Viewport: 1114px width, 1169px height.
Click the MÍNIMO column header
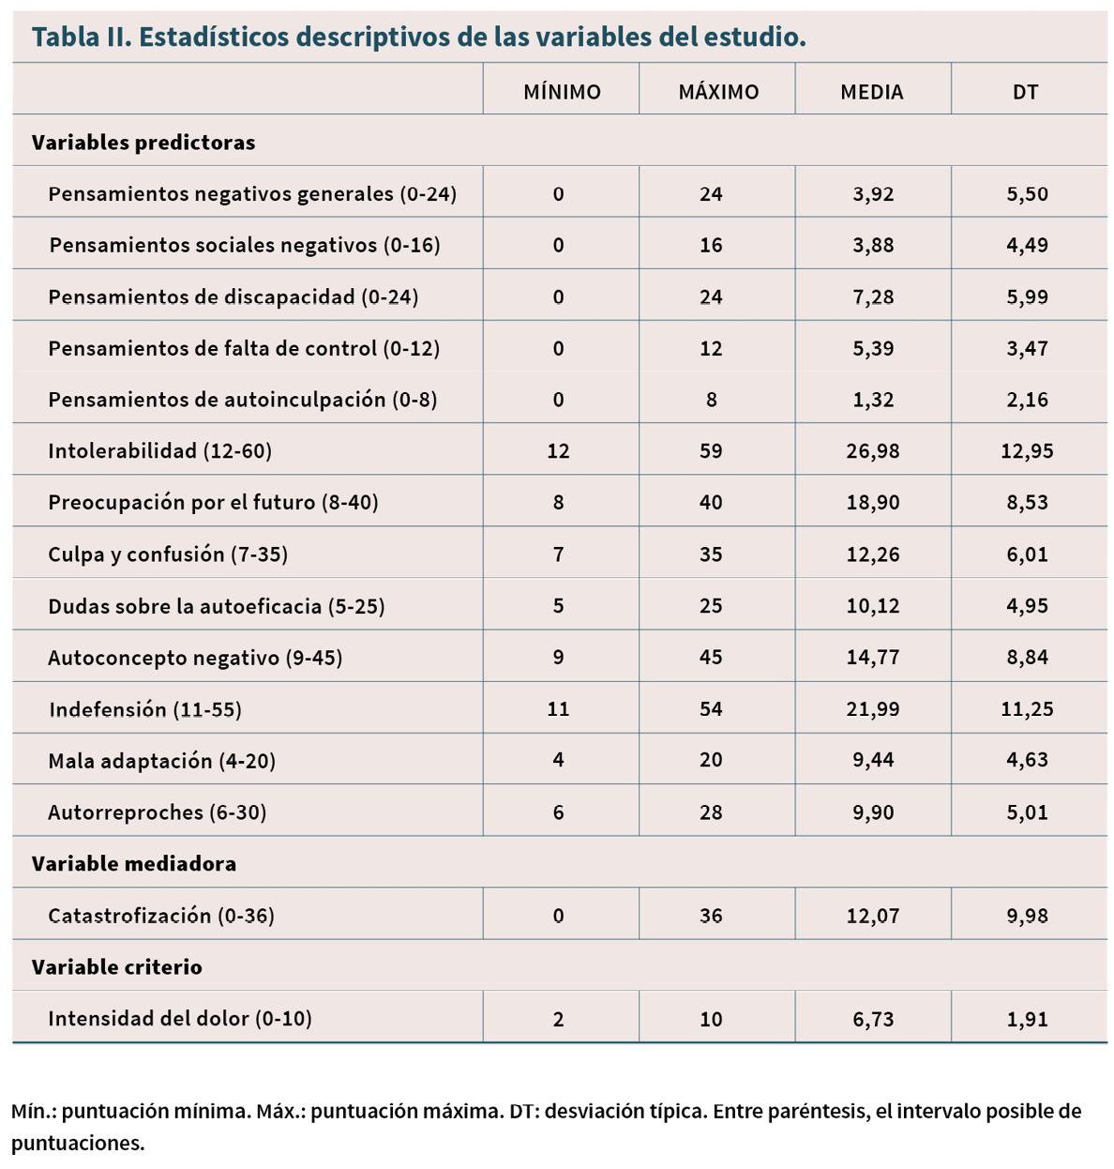[x=562, y=92]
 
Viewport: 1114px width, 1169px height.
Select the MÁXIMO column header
[x=718, y=92]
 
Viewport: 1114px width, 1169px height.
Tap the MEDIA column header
[x=871, y=92]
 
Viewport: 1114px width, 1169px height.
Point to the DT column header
[x=1026, y=92]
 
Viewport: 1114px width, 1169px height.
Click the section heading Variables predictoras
[x=143, y=143]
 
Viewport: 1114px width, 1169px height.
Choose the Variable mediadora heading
[x=134, y=863]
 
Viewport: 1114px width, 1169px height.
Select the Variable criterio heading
[x=116, y=967]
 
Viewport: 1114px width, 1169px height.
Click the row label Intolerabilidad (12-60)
[x=160, y=450]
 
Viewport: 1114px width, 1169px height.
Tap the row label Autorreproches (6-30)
[x=157, y=812]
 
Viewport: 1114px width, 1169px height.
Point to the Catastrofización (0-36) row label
[x=161, y=915]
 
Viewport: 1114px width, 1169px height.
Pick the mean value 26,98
[x=873, y=451]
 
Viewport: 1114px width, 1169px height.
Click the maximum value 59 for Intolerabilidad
[x=711, y=450]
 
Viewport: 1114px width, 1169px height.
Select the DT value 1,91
[x=1027, y=1019]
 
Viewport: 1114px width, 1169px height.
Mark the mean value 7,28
[x=873, y=296]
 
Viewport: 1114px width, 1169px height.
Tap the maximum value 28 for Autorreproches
[x=711, y=812]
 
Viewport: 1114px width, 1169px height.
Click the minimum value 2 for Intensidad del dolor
[x=558, y=1019]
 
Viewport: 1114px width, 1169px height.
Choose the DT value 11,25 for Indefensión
[x=1027, y=708]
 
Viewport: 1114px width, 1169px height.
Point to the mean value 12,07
[x=873, y=916]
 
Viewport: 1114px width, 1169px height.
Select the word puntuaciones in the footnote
[x=77, y=1143]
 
